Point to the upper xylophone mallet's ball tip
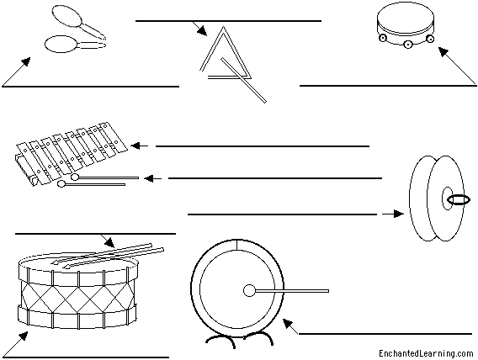75,177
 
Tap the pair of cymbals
433,200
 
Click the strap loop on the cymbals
459,200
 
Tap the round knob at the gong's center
249,291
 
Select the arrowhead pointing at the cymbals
398,214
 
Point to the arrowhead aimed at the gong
287,323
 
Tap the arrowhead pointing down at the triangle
202,31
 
